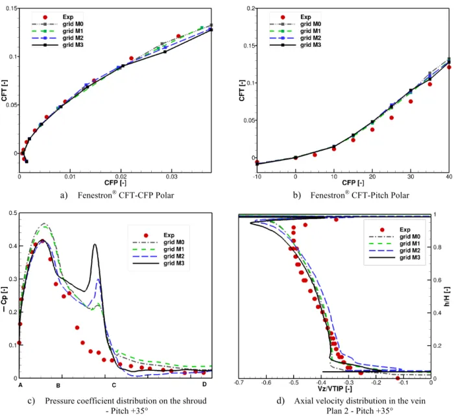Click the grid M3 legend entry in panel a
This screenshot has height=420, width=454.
tap(57, 45)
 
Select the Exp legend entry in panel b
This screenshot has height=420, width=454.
tap(294, 17)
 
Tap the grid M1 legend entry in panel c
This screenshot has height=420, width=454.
tap(159, 249)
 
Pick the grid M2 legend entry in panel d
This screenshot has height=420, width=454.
tap(394, 251)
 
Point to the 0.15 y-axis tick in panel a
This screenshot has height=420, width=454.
tap(12, 8)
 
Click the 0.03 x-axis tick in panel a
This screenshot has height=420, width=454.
tap(172, 177)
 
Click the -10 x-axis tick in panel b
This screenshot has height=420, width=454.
tap(257, 177)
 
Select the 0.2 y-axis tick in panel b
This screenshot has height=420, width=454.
tap(251, 8)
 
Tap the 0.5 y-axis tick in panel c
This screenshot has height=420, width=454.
tap(13, 213)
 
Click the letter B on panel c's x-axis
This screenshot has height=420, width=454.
tap(58, 386)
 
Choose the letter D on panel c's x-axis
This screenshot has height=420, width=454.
tap(204, 384)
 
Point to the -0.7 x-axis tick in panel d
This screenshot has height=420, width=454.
tap(239, 382)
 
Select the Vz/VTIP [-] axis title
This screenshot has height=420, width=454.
tap(335, 389)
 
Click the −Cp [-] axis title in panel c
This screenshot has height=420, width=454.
tap(4, 299)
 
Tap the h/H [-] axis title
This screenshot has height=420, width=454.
tap(447, 297)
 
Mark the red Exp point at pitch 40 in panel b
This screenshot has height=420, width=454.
tap(449, 68)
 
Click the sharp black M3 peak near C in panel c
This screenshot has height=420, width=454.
tap(95, 244)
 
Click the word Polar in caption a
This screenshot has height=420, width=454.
tap(165, 195)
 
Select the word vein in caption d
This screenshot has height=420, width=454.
tap(418, 401)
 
